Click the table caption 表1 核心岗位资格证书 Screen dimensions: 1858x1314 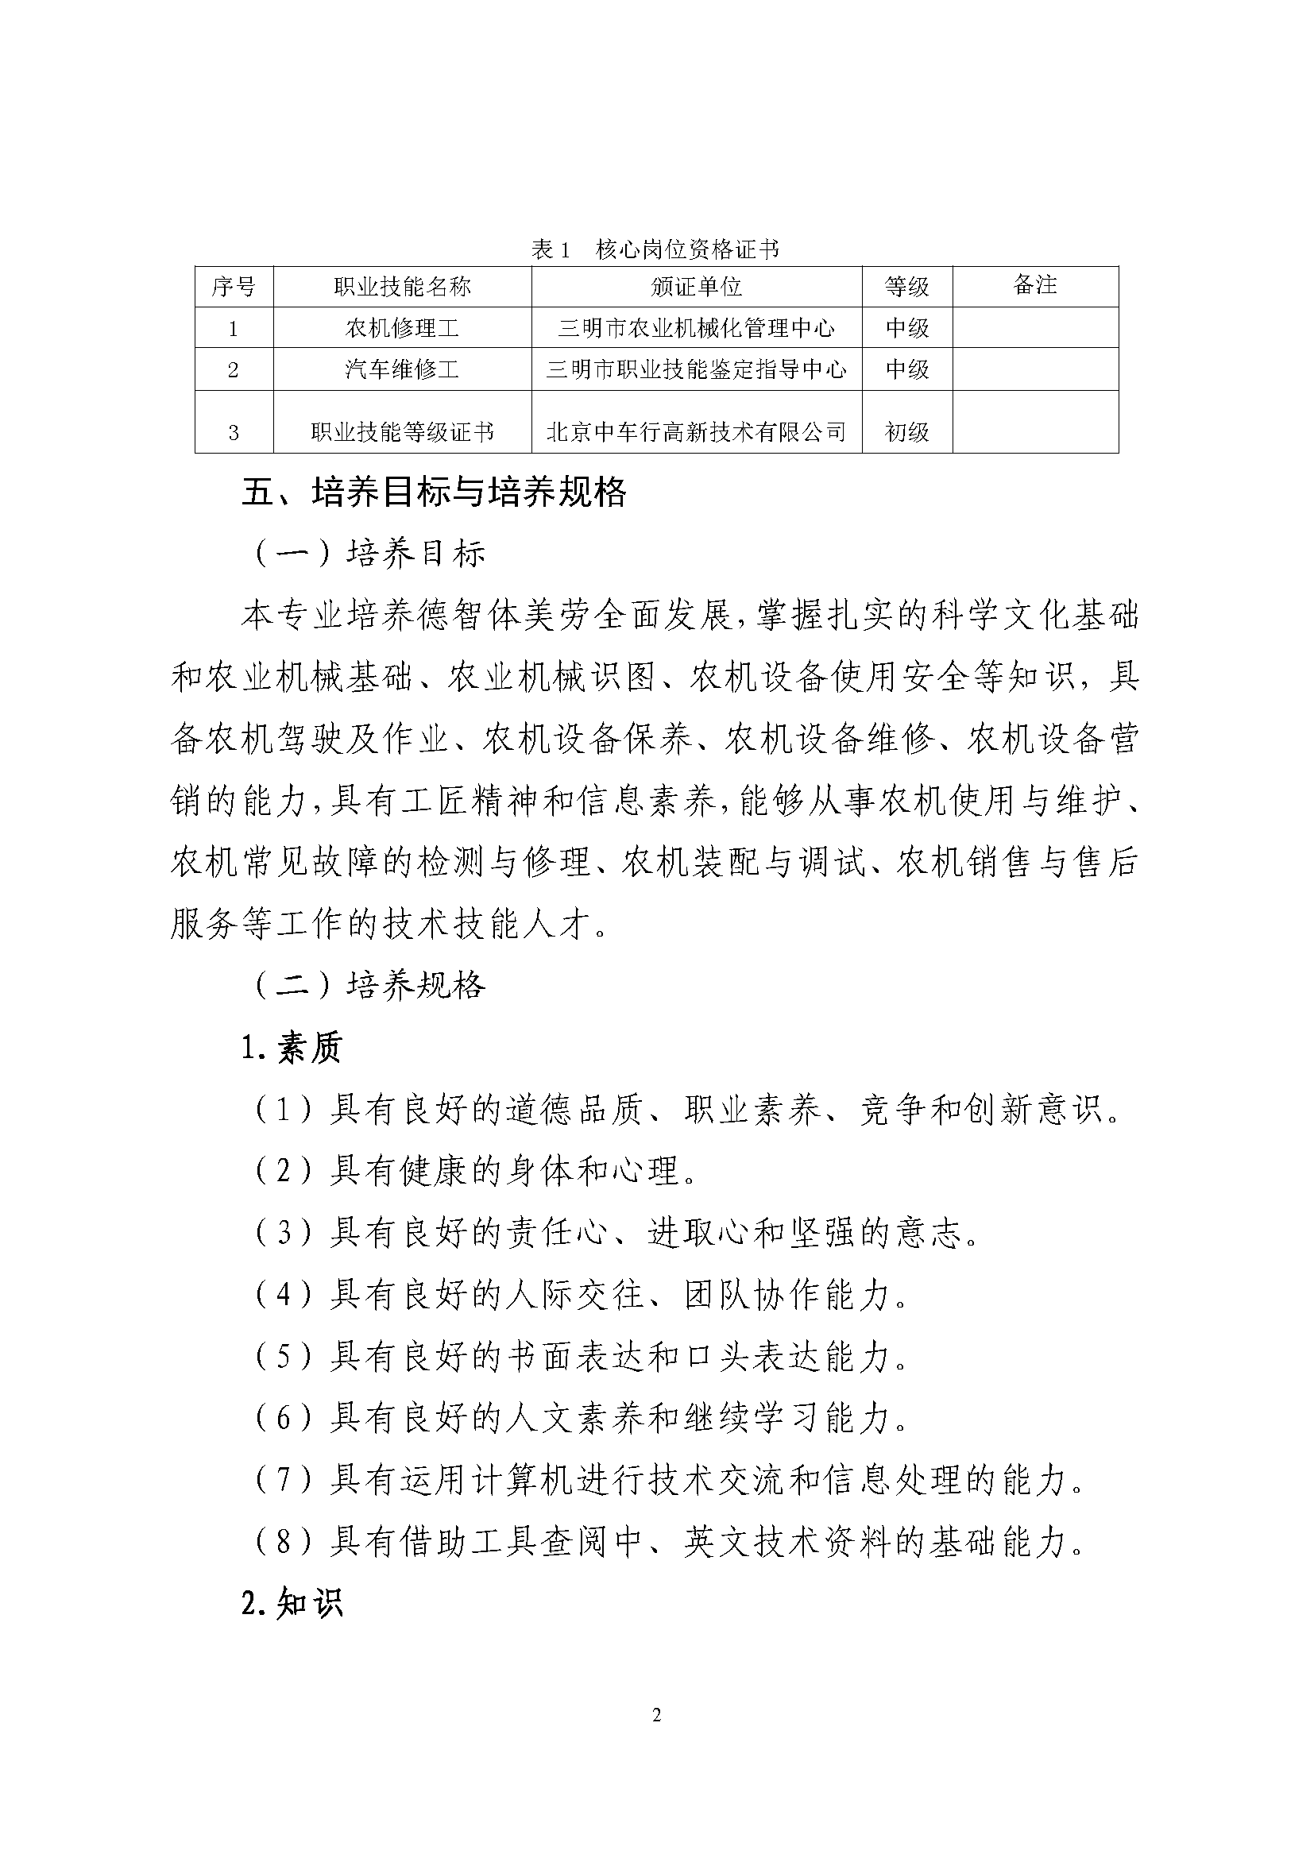click(x=655, y=249)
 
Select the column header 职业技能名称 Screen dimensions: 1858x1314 click(x=402, y=287)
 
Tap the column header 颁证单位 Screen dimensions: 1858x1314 click(x=696, y=287)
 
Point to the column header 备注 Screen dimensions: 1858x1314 click(x=1035, y=285)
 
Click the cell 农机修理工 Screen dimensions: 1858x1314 click(x=402, y=328)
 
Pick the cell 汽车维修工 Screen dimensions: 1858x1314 click(x=402, y=370)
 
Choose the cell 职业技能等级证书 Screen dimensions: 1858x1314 click(x=402, y=432)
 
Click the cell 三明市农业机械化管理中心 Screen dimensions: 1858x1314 click(x=696, y=328)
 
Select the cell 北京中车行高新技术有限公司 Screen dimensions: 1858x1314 click(x=696, y=432)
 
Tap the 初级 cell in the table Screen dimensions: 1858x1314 click(x=906, y=432)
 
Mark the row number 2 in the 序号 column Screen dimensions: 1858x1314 click(x=234, y=370)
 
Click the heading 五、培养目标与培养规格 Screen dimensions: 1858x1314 click(x=434, y=492)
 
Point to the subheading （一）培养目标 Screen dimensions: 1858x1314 click(x=369, y=554)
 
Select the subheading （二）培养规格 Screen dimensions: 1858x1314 click(x=369, y=985)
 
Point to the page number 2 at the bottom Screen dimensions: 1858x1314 click(x=656, y=1736)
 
